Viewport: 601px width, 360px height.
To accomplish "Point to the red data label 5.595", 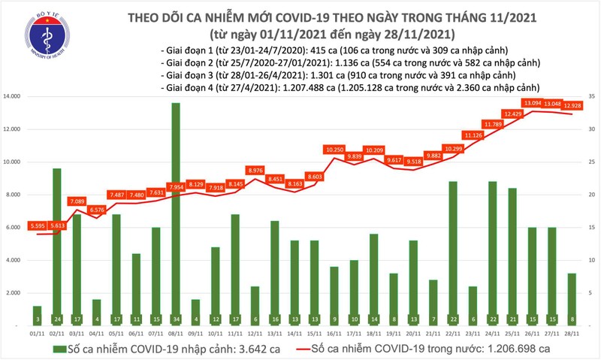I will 36,226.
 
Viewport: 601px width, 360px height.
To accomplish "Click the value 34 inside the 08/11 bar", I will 175,319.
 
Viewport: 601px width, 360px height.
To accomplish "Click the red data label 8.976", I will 255,171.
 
